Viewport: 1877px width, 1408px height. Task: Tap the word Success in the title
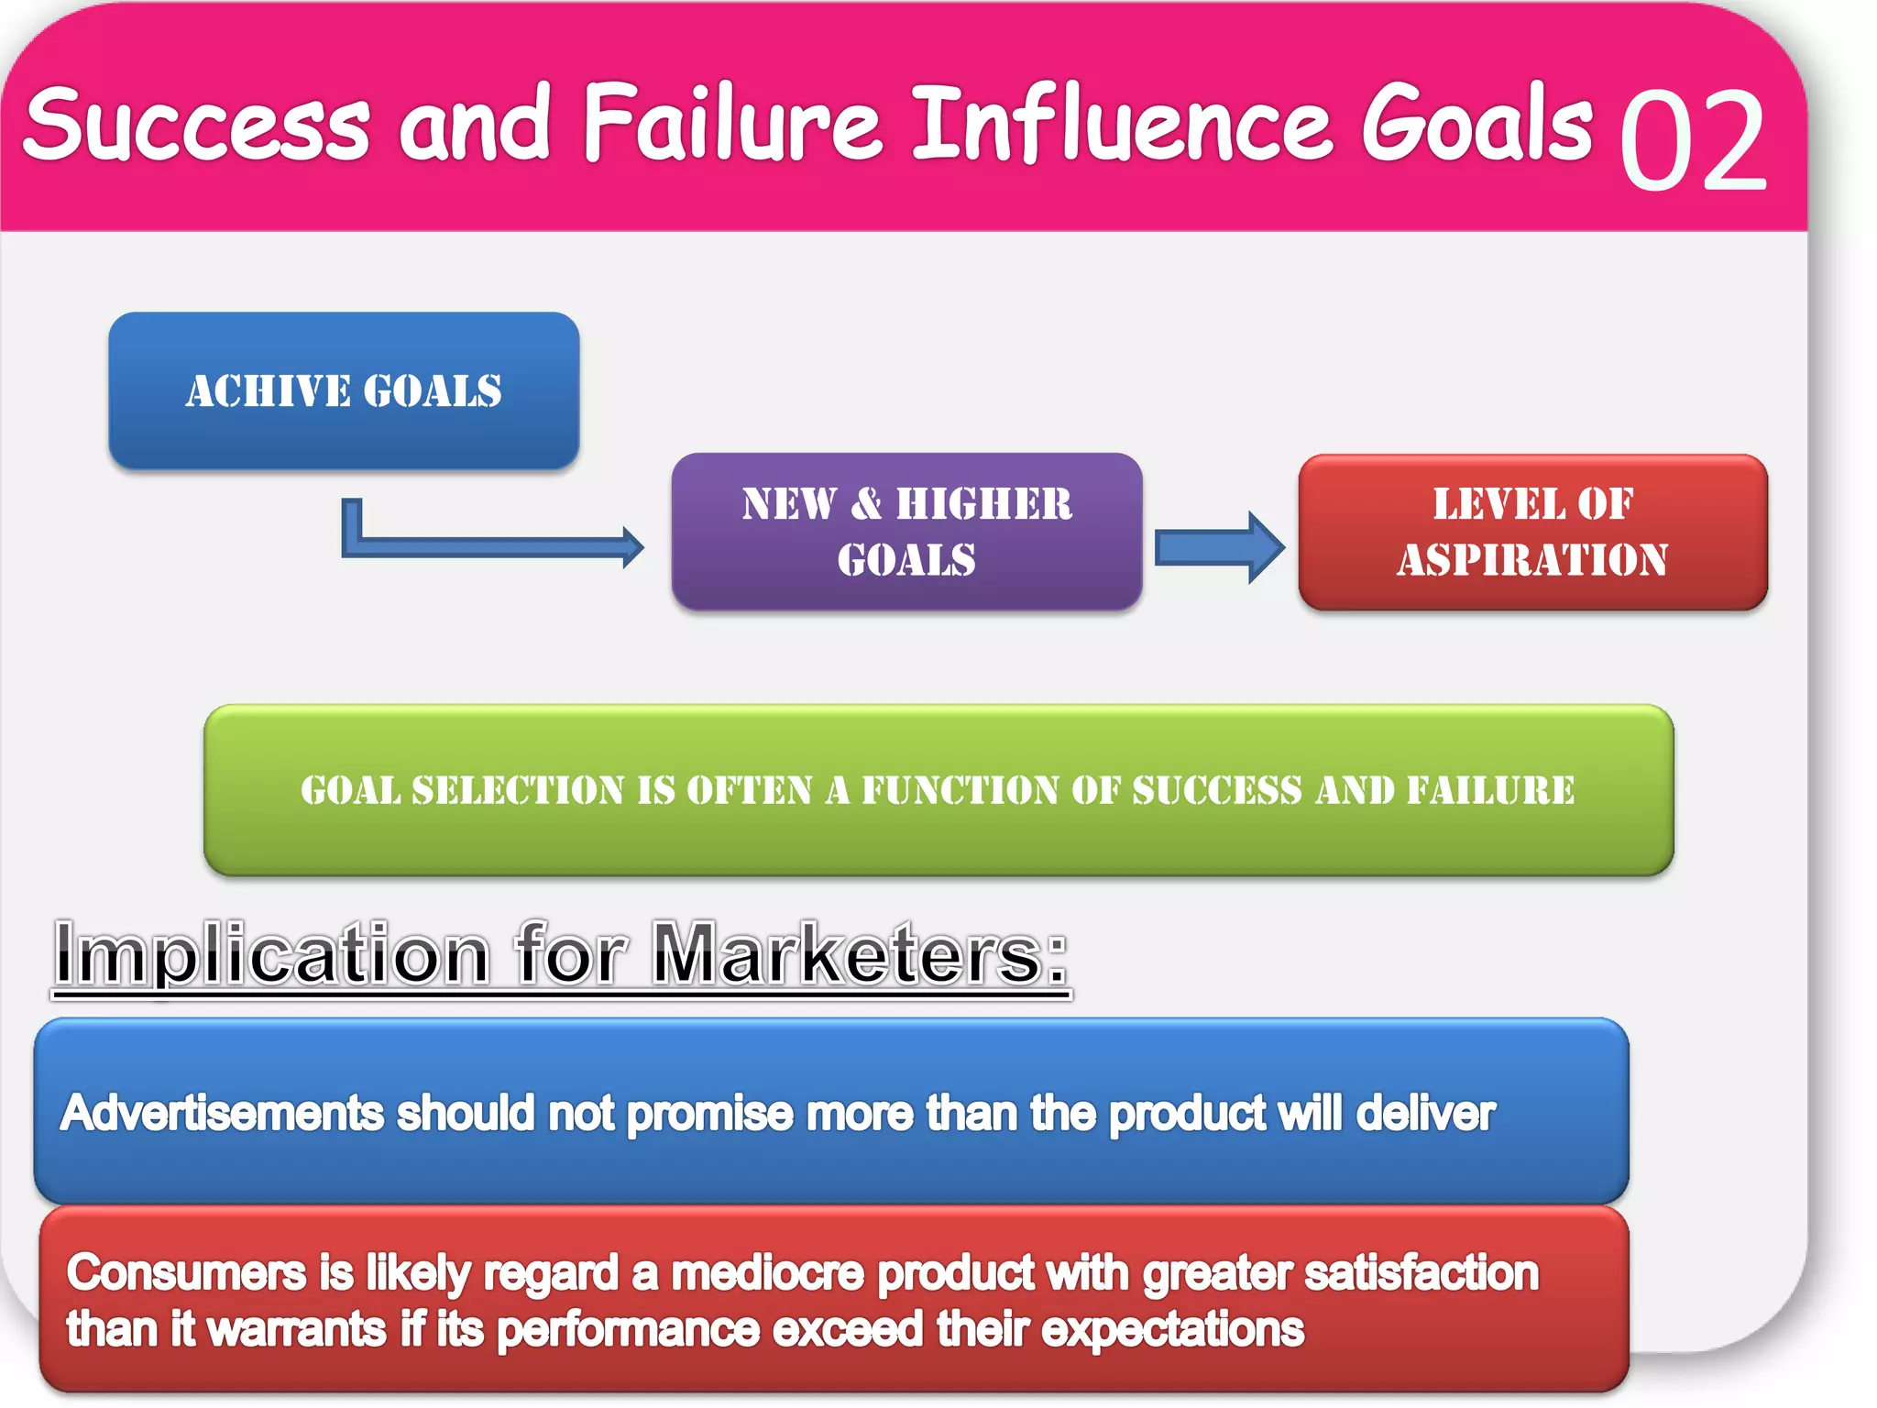coord(197,124)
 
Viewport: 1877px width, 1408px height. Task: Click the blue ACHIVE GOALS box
coord(344,391)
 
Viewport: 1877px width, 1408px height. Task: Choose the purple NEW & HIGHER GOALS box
coord(906,532)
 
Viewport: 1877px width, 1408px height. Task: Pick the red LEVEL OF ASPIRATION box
coord(1532,533)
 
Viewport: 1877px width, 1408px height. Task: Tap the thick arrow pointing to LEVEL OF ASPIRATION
coord(1218,547)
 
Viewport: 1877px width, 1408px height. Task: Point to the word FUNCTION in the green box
coord(960,790)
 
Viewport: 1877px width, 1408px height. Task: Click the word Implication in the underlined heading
coord(272,955)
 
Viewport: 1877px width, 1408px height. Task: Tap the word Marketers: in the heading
coord(859,955)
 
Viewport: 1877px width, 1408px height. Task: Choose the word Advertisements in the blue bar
coord(222,1114)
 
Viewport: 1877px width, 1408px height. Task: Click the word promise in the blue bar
coord(710,1114)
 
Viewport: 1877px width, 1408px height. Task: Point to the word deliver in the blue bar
coord(1425,1114)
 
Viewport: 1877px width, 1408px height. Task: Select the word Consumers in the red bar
coord(186,1273)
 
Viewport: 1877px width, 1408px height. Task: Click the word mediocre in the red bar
coord(767,1273)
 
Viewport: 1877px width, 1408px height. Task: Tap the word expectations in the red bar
coord(1172,1330)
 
